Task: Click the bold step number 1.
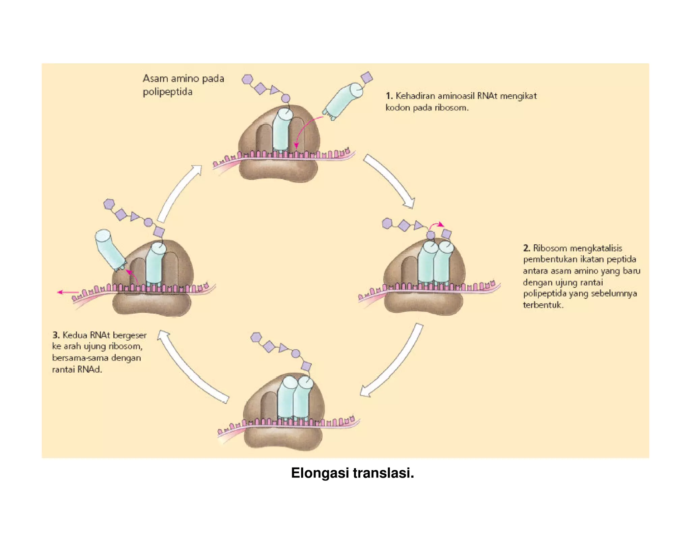[x=389, y=96]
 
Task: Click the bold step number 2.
[x=526, y=248]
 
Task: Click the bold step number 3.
[x=56, y=335]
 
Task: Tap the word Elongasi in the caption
[x=320, y=473]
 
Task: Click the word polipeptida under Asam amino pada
[x=167, y=92]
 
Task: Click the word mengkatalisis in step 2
[x=596, y=248]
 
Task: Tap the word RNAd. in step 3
[x=89, y=369]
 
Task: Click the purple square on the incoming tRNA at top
[x=367, y=77]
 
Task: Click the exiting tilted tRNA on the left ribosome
[x=110, y=249]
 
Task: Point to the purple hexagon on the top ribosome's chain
[x=247, y=80]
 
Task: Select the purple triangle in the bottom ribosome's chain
[x=283, y=348]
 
